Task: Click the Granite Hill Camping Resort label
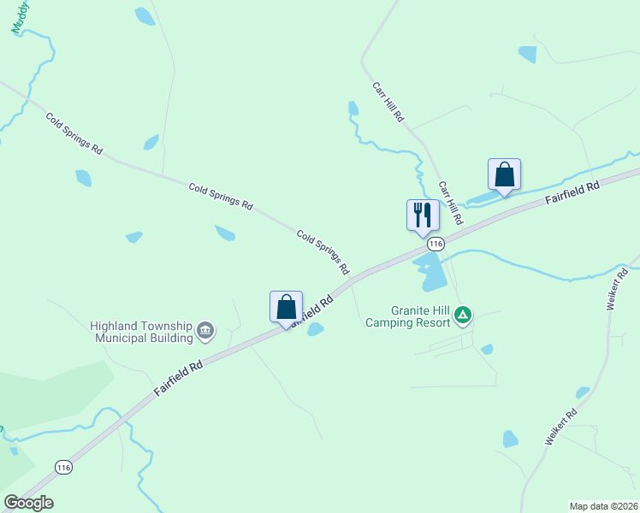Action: click(x=407, y=317)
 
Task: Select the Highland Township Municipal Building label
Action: click(x=142, y=332)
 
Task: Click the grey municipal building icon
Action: click(x=205, y=330)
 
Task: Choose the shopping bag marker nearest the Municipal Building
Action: click(x=286, y=308)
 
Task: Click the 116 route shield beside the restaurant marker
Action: click(x=436, y=244)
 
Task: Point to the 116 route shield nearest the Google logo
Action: click(x=63, y=467)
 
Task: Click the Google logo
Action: click(x=28, y=503)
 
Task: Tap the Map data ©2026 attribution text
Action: click(x=603, y=505)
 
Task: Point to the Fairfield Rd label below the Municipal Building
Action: click(x=178, y=377)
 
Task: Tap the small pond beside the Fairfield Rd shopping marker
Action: click(x=315, y=329)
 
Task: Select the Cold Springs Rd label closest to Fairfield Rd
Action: click(x=323, y=251)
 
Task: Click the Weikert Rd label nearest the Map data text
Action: click(x=561, y=426)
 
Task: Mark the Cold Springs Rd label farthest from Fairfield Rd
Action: click(x=74, y=133)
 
